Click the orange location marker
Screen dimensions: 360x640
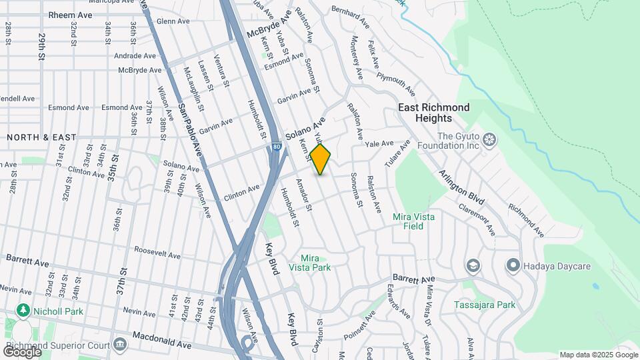point(321,159)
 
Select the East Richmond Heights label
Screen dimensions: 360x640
point(433,112)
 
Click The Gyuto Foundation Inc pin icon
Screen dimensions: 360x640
point(490,139)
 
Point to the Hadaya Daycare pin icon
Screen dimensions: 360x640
point(513,266)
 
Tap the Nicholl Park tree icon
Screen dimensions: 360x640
point(23,310)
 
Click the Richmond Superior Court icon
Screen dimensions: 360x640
point(120,344)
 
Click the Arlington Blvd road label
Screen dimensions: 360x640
point(461,187)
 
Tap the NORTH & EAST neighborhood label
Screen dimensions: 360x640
point(41,137)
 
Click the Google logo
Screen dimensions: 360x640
point(22,351)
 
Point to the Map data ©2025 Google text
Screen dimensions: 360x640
point(598,355)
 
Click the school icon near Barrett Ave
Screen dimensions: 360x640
point(473,266)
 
